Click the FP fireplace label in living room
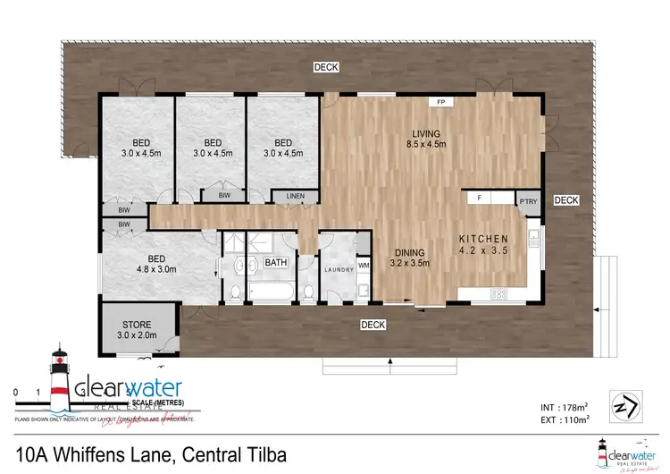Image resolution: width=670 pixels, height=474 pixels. [440, 103]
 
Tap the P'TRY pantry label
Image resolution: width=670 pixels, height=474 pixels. [527, 202]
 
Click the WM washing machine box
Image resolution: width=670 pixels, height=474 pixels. [364, 265]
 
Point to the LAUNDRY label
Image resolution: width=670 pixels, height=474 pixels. [339, 269]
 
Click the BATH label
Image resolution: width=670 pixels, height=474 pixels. [275, 263]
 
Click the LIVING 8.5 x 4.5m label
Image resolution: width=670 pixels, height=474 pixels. [425, 139]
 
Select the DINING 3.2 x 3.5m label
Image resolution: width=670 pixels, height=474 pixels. [409, 258]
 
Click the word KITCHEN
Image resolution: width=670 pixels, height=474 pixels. [483, 239]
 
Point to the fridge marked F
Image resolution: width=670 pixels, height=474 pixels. [480, 197]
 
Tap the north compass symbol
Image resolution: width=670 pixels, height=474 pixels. [623, 405]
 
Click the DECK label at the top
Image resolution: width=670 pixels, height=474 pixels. [325, 67]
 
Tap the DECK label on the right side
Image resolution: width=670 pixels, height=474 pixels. [566, 200]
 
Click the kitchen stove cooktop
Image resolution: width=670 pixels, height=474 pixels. [499, 293]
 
